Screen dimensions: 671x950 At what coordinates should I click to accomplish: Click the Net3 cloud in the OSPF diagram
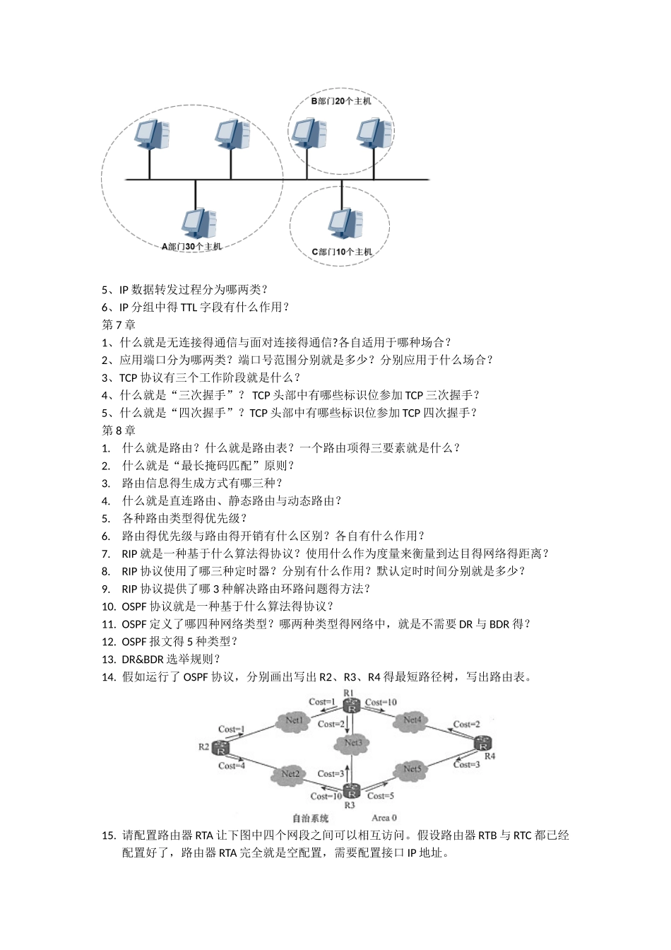click(x=353, y=742)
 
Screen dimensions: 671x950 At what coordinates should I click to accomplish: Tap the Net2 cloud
click(x=290, y=773)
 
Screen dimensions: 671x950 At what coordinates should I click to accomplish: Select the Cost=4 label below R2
click(x=232, y=765)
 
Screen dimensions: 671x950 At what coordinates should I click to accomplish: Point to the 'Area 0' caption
click(x=384, y=819)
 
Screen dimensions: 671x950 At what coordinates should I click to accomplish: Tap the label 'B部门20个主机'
click(x=341, y=101)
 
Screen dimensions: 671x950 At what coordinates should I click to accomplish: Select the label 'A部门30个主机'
click(x=191, y=247)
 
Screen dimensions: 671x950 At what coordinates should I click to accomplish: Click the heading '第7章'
click(x=119, y=324)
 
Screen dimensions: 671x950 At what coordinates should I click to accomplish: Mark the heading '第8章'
click(x=119, y=430)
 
